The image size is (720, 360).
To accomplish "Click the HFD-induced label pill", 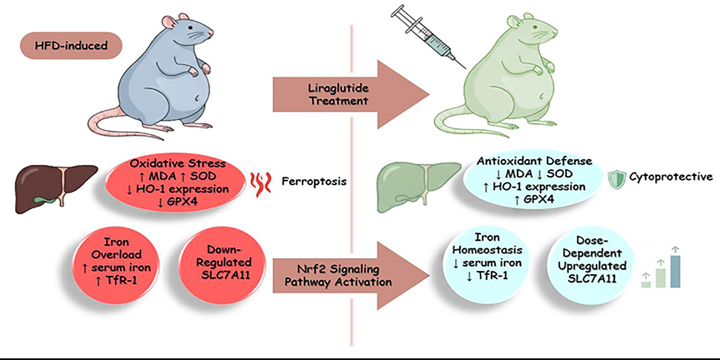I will tap(71, 46).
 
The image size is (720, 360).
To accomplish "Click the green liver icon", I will tap(416, 186).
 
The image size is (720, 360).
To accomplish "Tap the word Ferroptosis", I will tap(314, 182).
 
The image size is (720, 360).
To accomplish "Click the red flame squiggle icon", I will tap(261, 184).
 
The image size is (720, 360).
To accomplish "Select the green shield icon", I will tap(616, 180).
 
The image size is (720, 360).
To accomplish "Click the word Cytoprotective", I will tap(671, 177).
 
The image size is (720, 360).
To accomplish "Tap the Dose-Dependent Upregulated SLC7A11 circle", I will tap(592, 260).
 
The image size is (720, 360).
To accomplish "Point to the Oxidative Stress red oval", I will tap(176, 182).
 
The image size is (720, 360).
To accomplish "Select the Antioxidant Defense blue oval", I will tap(533, 180).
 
